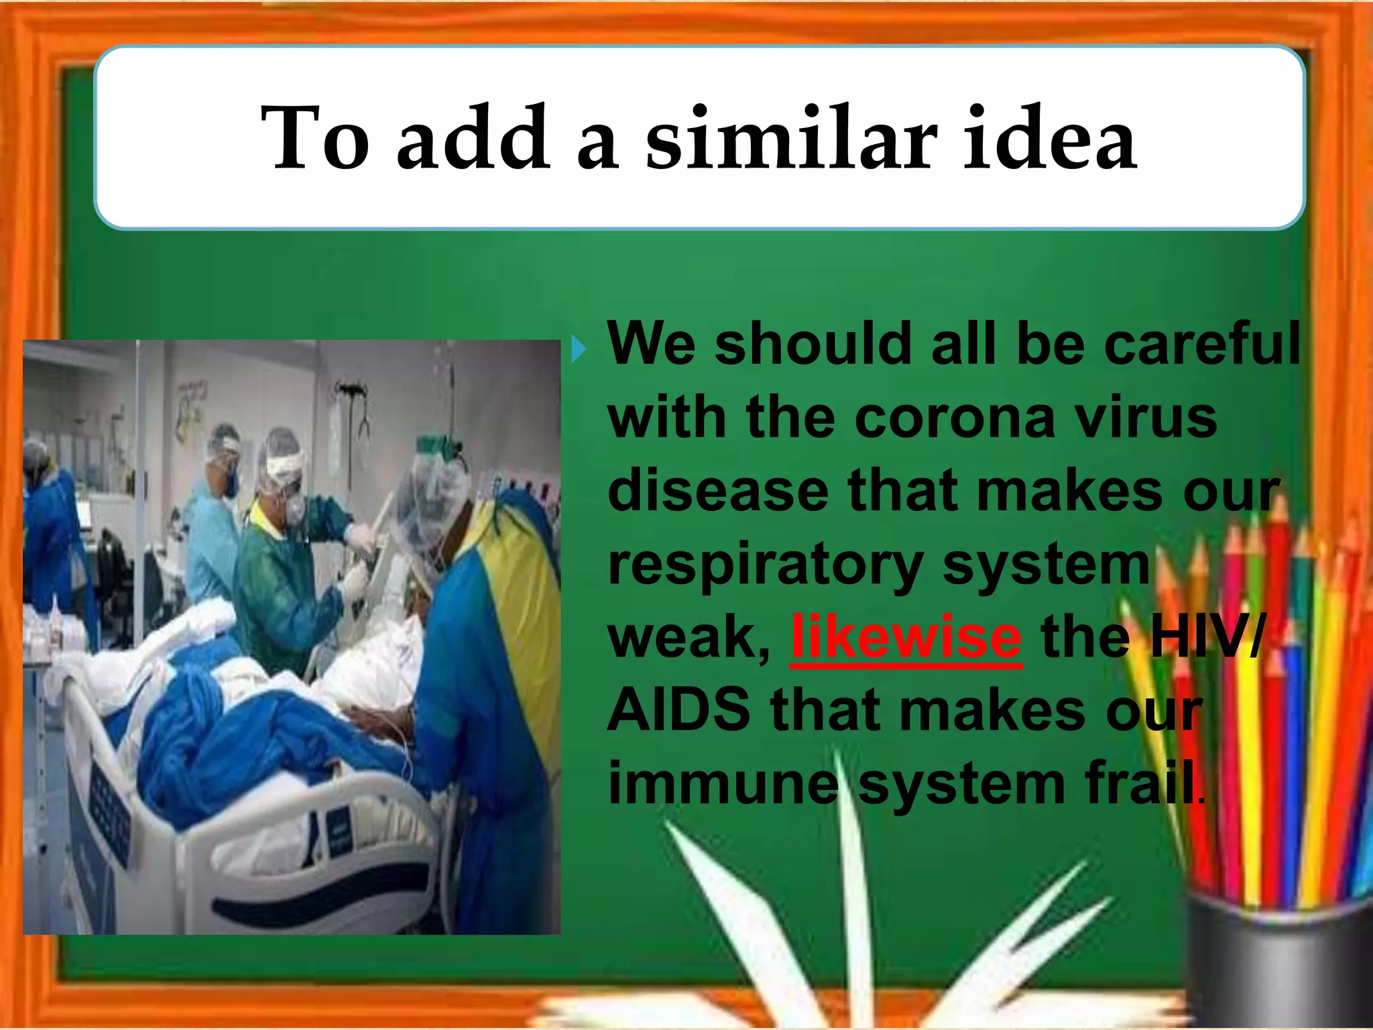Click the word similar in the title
[x=791, y=139]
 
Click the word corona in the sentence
[x=955, y=418]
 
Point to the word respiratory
[x=766, y=565]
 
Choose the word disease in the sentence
[x=717, y=491]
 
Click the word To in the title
[x=315, y=139]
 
